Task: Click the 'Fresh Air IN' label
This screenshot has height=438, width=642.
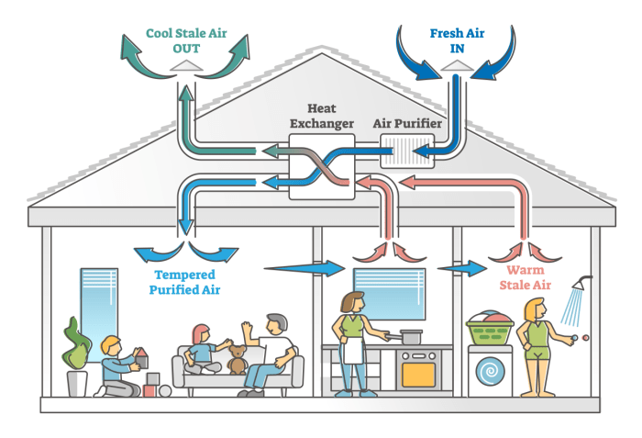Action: coord(457,40)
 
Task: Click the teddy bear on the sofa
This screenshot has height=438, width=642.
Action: coord(237,358)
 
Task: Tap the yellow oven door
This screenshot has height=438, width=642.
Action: coord(419,372)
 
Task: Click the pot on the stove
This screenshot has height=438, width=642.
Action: coord(410,337)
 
